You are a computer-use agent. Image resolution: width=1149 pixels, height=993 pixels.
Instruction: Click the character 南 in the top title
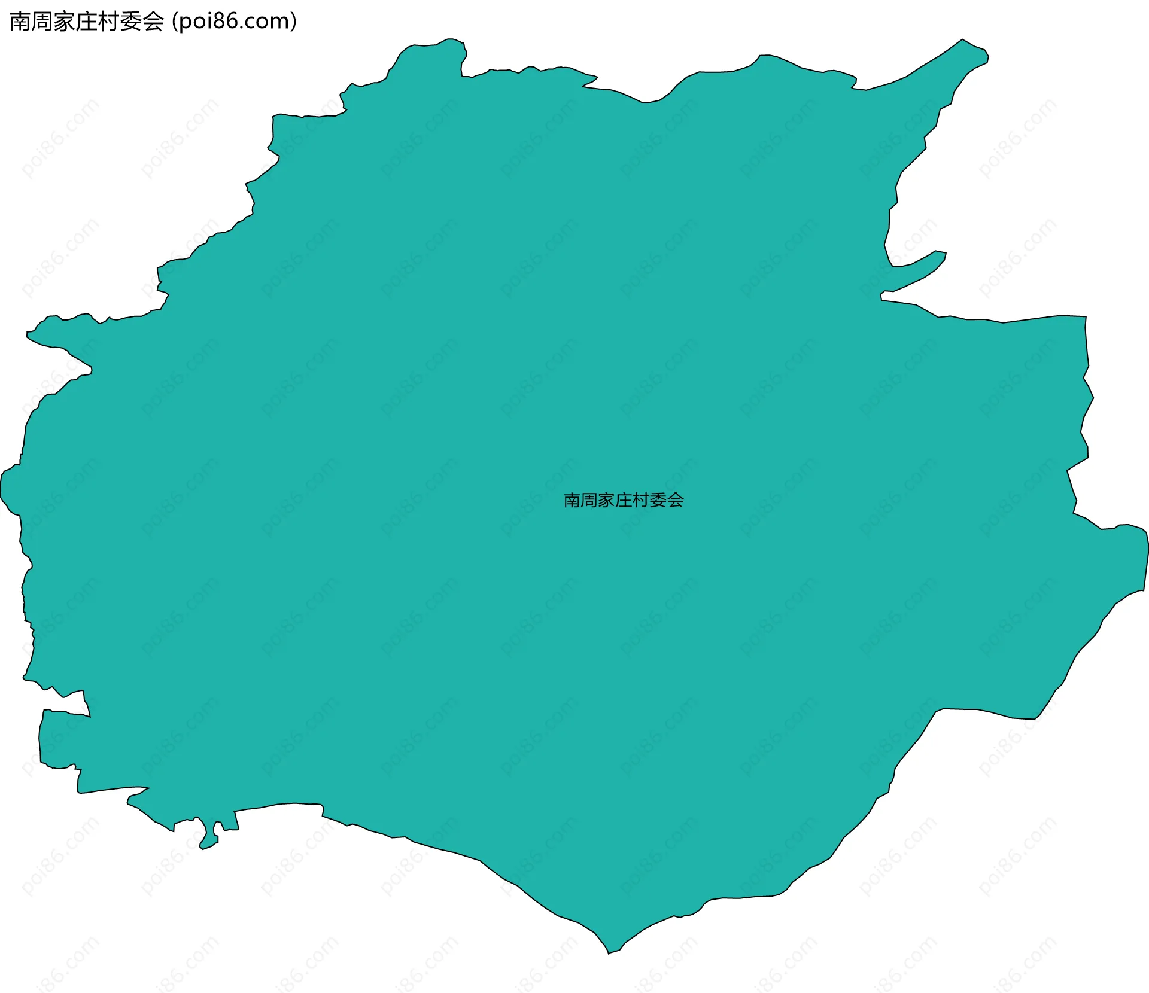coord(20,22)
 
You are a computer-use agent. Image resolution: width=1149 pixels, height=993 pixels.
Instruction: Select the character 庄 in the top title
coord(87,22)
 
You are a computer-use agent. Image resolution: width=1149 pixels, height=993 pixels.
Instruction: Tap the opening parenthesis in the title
coord(175,22)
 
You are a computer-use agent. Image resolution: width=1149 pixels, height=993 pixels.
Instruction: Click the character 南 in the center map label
coord(572,501)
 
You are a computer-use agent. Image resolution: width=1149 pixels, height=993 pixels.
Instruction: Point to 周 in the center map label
coord(589,501)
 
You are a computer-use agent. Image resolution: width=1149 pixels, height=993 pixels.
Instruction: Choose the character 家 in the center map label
coord(606,501)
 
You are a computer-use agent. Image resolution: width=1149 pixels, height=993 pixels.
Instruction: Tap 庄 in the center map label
coord(624,501)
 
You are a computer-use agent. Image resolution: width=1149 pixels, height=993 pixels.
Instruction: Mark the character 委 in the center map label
coord(658,501)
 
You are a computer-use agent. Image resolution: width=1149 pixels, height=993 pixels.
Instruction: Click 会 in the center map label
coord(675,501)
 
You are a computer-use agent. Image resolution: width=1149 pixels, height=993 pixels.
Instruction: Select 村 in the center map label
coord(640,501)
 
